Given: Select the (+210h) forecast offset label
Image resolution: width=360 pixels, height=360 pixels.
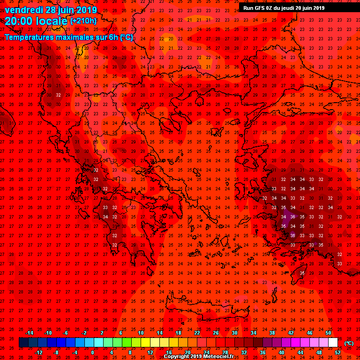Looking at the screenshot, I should pos(83,21).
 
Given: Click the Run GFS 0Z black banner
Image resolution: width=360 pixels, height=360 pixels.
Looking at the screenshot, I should pos(284,7).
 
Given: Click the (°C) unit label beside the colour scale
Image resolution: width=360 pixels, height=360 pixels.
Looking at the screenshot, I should pos(349,343).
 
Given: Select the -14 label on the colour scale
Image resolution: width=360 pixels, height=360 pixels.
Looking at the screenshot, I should pos(29,333).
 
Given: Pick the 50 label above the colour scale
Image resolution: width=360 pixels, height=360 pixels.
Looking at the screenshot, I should pos(328,333).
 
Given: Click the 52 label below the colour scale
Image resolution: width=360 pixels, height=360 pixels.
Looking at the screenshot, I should pos(337,352).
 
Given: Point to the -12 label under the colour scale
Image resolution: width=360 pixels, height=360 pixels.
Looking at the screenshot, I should pos(38,352).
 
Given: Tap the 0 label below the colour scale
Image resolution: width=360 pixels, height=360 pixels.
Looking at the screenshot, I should pos(92,352).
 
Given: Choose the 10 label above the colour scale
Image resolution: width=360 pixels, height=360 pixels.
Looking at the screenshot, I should pos(141,333).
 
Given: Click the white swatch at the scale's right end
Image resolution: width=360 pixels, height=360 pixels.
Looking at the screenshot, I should pos(333,343).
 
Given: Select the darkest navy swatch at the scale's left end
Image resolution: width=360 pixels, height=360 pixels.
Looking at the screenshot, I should pos(23,343).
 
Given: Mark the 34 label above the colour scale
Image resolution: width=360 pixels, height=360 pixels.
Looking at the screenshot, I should pos(253,333).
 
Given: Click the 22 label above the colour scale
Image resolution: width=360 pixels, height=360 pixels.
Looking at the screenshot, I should pos(197,333).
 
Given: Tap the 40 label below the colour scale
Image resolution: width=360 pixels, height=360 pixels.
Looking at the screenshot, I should pos(281,352).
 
